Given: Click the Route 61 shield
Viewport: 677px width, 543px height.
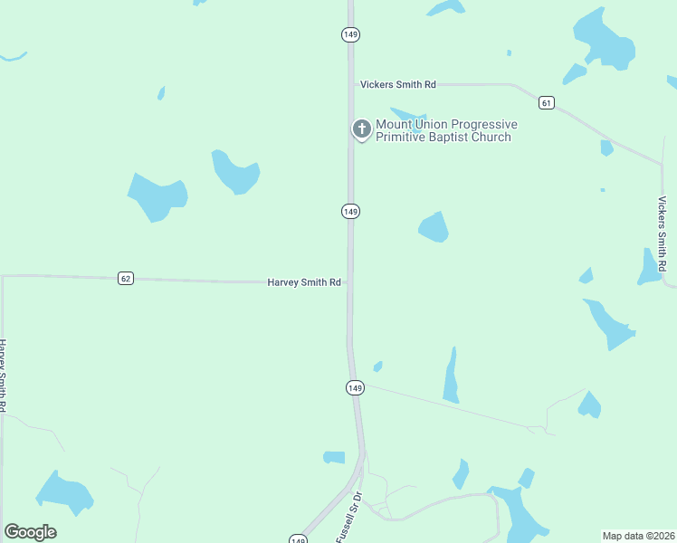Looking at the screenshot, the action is (546, 102).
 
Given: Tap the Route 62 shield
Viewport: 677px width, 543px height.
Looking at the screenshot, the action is (126, 278).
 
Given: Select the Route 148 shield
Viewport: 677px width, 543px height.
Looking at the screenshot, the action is (298, 539).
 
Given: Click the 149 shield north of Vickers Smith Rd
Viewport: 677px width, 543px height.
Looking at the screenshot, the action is (351, 34).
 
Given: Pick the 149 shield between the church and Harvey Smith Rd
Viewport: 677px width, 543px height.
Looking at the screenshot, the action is (351, 211).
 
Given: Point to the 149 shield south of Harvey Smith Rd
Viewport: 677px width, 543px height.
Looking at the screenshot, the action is (355, 387).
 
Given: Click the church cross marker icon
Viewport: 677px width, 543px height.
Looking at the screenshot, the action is (361, 129).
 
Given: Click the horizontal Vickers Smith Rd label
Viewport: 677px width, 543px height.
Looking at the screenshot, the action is (397, 84).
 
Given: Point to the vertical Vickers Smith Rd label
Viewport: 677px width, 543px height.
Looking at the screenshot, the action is (663, 230).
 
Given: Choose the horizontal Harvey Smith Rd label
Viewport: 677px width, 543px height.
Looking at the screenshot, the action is (303, 282).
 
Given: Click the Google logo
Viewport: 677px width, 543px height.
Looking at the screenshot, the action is (30, 532).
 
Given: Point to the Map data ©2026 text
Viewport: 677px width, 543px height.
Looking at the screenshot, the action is (639, 536).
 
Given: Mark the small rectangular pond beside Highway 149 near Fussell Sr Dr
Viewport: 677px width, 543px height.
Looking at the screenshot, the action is (335, 457).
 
